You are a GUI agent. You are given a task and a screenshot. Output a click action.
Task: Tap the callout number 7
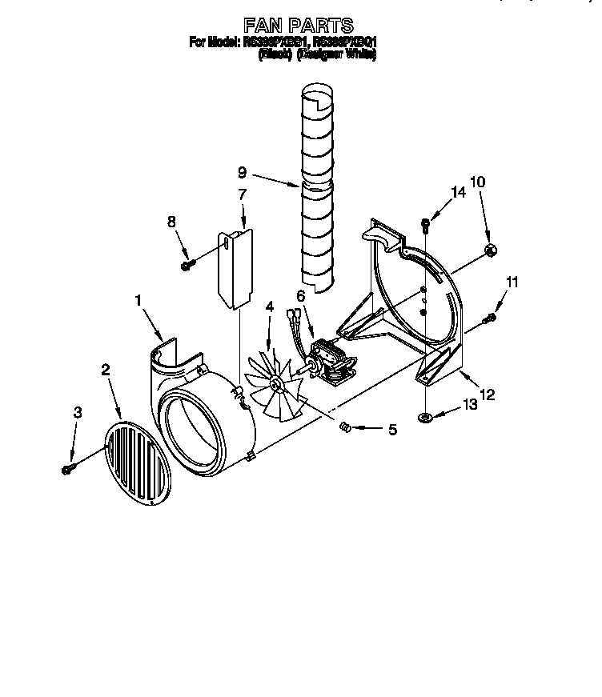tap(243, 194)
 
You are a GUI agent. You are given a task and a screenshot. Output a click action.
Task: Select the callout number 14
tap(458, 193)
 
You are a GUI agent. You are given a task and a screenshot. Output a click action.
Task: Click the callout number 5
tap(392, 430)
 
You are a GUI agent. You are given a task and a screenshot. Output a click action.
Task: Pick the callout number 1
tap(138, 300)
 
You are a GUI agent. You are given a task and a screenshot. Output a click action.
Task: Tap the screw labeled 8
tap(187, 265)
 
